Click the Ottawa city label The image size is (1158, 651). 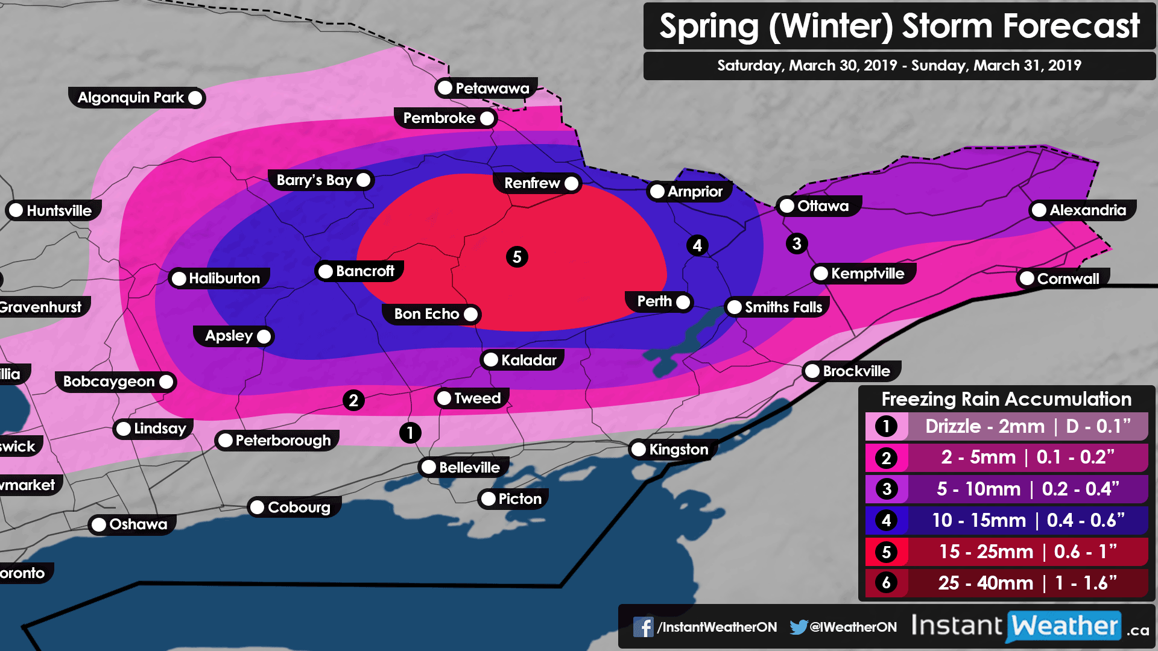click(x=822, y=206)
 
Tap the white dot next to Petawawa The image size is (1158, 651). click(x=445, y=88)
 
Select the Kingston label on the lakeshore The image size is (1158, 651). click(x=678, y=450)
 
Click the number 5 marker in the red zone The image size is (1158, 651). click(x=517, y=257)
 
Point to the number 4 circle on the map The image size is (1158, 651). click(x=697, y=245)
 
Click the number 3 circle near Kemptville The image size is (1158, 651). click(x=797, y=244)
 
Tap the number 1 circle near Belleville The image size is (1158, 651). click(x=410, y=432)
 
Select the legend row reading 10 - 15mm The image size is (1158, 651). click(x=1006, y=520)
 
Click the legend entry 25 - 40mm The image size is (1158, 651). click(x=1006, y=583)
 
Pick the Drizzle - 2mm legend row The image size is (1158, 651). click(x=1006, y=426)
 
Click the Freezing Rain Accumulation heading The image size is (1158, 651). click(x=1006, y=399)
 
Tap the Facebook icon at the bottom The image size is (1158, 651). click(x=643, y=627)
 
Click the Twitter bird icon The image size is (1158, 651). click(x=798, y=627)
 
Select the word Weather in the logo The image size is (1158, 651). click(x=1065, y=626)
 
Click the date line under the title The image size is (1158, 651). click(x=899, y=66)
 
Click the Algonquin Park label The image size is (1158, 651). click(x=131, y=98)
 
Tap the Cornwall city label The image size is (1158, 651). click(x=1068, y=278)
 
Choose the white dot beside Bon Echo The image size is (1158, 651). click(x=471, y=314)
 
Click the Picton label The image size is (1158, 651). click(x=519, y=499)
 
